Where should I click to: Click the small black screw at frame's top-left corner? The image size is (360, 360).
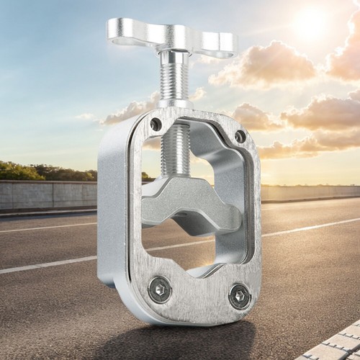pyautogui.click(x=156, y=124)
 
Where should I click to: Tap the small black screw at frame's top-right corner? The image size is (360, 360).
pyautogui.click(x=240, y=136)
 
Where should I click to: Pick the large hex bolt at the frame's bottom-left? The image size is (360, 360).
pyautogui.click(x=159, y=289)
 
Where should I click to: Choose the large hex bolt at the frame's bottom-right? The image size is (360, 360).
pyautogui.click(x=239, y=296)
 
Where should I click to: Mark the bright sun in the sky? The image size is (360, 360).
pyautogui.click(x=311, y=23)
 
